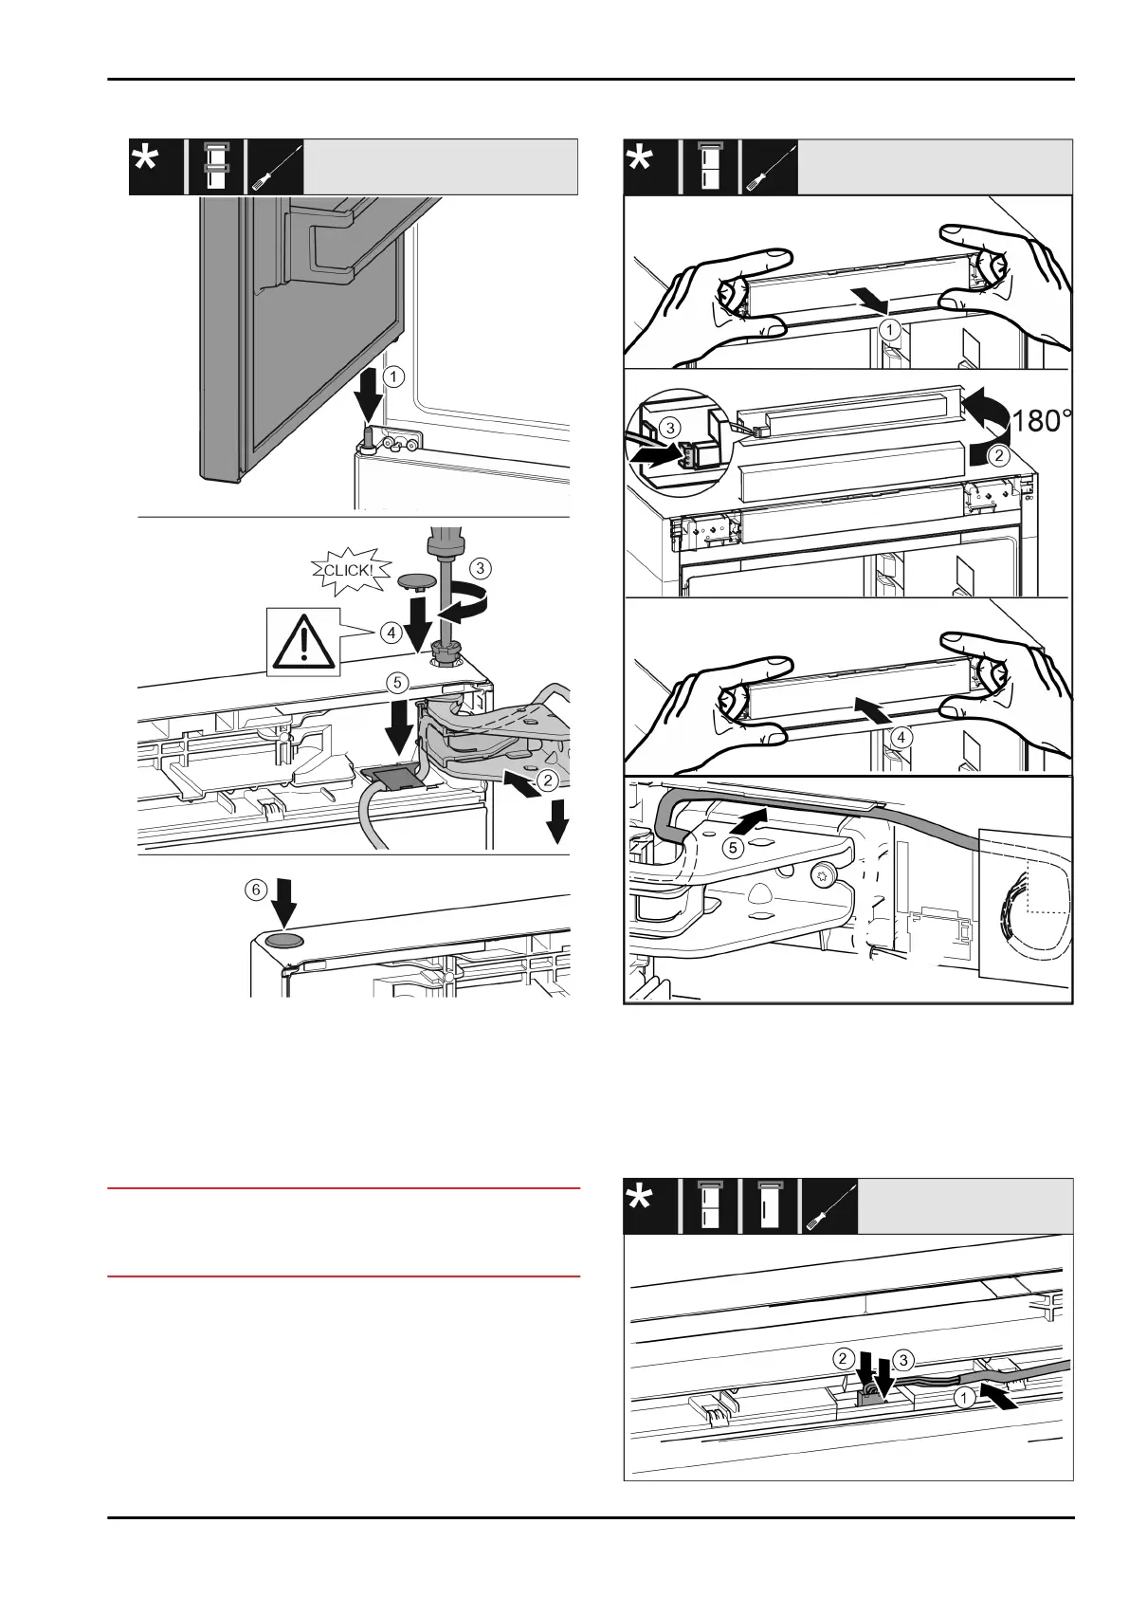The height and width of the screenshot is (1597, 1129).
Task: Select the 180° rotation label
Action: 1042,421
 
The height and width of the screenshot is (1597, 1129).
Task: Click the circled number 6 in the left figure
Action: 255,890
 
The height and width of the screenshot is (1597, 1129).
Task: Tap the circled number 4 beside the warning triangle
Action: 391,633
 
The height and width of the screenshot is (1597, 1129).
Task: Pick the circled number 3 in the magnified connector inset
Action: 671,428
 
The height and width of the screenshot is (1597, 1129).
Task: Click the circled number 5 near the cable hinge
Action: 734,847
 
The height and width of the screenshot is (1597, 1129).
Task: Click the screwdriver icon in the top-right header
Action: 769,167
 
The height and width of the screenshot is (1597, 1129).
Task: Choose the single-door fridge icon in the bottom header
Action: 768,1205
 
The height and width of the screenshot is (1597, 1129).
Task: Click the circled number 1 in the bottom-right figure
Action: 963,1397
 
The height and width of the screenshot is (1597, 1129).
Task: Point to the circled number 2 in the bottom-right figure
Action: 842,1359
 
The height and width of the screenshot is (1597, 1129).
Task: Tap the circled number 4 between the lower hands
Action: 901,736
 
